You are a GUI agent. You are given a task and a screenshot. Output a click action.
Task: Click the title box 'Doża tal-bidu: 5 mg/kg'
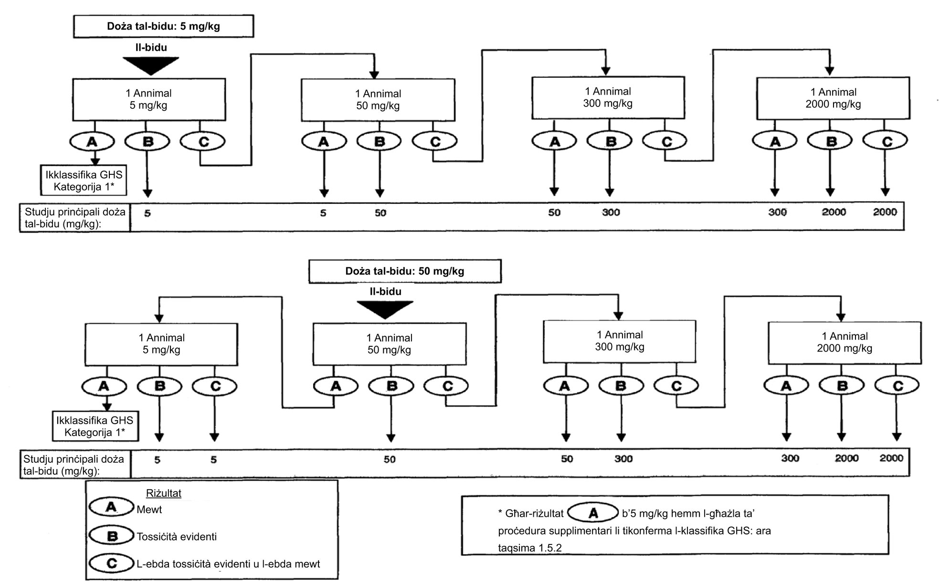tap(163, 26)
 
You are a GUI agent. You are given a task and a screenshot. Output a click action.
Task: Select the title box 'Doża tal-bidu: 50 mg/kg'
tap(405, 271)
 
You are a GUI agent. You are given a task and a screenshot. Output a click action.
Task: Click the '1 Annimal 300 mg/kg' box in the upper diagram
tap(608, 97)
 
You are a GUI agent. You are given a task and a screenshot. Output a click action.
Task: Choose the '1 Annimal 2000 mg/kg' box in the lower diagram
tap(844, 342)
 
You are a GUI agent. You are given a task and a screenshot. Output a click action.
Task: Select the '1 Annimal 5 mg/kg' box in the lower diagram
tap(161, 344)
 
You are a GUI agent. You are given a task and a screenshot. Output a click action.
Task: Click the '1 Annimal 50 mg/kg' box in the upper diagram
tap(378, 100)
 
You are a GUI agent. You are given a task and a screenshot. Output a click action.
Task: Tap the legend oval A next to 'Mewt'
tap(112, 507)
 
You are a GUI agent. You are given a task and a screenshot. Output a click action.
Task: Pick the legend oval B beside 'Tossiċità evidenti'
tap(112, 536)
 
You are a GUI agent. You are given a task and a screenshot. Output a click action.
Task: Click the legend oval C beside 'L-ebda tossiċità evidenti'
tap(112, 563)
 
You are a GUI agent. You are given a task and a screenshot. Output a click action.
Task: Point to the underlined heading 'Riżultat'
tap(164, 493)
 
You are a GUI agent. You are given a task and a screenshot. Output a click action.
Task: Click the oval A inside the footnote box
tap(593, 513)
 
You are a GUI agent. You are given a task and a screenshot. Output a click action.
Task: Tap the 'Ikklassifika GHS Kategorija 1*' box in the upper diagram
tap(84, 181)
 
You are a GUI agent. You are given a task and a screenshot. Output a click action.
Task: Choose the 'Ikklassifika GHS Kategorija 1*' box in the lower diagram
tap(95, 427)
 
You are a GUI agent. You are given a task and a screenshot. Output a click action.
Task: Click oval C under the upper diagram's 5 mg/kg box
tap(203, 141)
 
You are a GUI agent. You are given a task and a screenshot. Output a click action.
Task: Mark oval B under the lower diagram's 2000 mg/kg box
tap(842, 386)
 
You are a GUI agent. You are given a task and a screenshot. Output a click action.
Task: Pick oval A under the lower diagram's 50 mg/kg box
tap(336, 386)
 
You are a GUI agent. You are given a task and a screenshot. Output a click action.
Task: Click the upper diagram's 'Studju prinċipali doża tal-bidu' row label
tap(75, 218)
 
